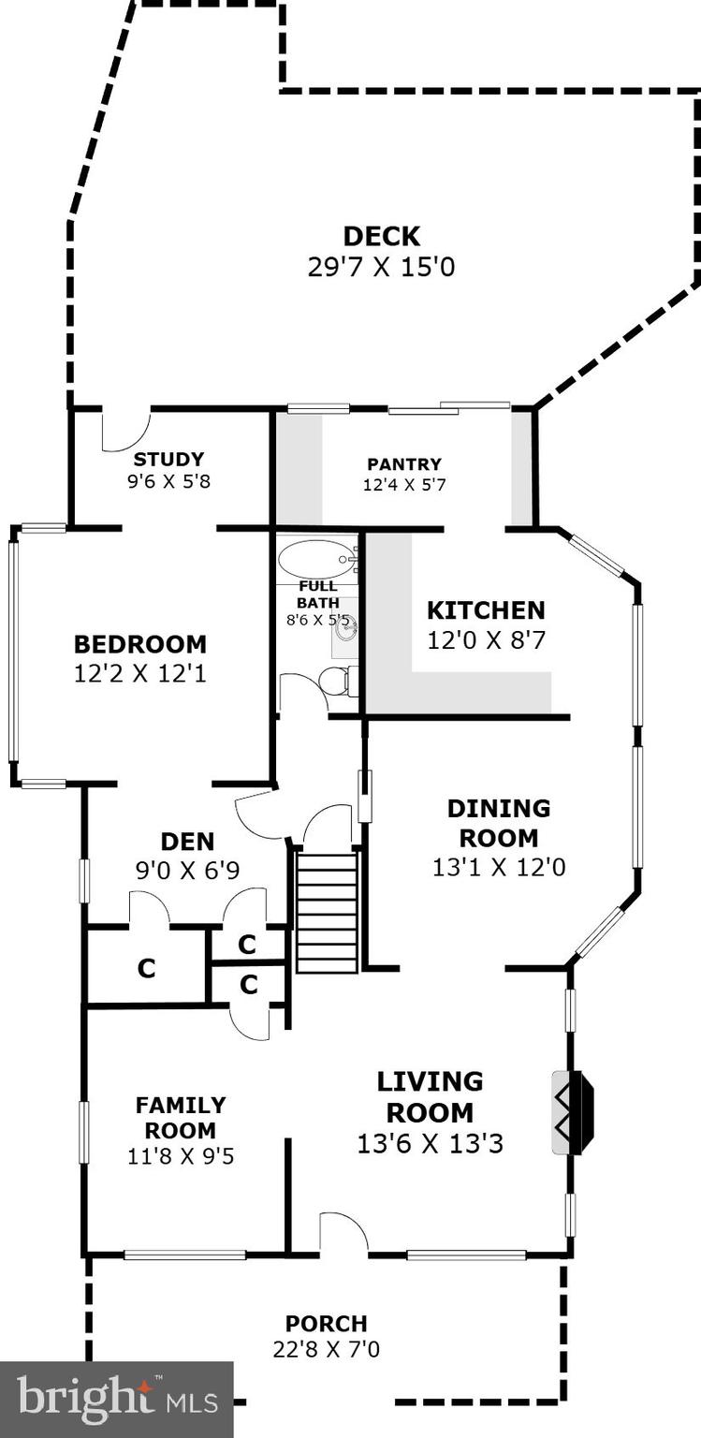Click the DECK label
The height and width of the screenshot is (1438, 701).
tap(381, 236)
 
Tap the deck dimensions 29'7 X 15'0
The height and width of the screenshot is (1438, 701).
tap(381, 267)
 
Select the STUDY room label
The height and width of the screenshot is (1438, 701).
tap(168, 459)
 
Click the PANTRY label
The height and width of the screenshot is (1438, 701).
tap(404, 463)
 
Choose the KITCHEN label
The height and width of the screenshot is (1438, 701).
tap(486, 610)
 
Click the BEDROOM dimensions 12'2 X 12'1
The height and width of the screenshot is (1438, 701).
tap(140, 673)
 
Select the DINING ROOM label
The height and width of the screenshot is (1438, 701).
tap(499, 822)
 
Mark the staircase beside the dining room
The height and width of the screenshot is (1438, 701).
tap(327, 911)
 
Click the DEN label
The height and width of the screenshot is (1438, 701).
tap(187, 841)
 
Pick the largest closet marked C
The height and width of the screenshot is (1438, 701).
tap(146, 968)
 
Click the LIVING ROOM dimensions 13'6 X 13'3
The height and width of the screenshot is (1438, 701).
tap(431, 1143)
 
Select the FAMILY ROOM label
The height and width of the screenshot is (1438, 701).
tap(181, 1118)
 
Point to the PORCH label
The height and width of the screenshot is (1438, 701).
tap(327, 1324)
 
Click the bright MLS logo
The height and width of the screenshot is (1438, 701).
tap(116, 1399)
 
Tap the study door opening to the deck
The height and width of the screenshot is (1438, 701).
tap(126, 428)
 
